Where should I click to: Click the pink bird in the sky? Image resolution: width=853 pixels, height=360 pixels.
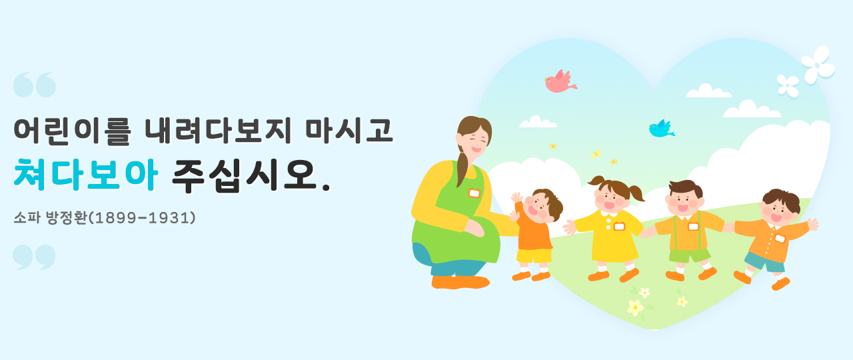click(559, 82)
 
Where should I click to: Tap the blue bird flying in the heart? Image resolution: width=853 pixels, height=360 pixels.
click(661, 129)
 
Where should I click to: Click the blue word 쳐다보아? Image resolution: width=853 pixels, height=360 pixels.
click(85, 174)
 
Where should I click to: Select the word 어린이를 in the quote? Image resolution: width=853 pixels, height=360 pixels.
click(73, 131)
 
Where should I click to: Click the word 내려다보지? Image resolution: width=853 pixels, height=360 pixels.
click(218, 130)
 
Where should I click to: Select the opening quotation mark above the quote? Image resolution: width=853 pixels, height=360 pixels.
click(35, 84)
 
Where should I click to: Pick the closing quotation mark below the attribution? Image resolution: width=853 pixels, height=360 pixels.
click(34, 257)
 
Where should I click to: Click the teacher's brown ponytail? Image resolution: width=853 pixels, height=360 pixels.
click(462, 167)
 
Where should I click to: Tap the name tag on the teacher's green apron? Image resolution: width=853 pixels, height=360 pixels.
click(474, 193)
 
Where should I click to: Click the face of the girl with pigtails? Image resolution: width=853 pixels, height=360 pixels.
click(610, 199)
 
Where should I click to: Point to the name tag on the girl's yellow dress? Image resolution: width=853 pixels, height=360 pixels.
click(619, 226)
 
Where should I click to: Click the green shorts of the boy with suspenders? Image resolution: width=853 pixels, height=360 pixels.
click(690, 255)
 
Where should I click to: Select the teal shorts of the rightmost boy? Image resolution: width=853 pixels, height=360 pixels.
click(764, 263)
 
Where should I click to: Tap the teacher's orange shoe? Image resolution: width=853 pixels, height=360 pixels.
click(460, 282)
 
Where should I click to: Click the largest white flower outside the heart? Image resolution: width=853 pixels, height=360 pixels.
click(818, 65)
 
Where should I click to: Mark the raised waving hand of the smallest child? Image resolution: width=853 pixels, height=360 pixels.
click(516, 197)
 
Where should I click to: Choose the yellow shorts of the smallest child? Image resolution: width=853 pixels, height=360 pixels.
click(534, 255)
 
